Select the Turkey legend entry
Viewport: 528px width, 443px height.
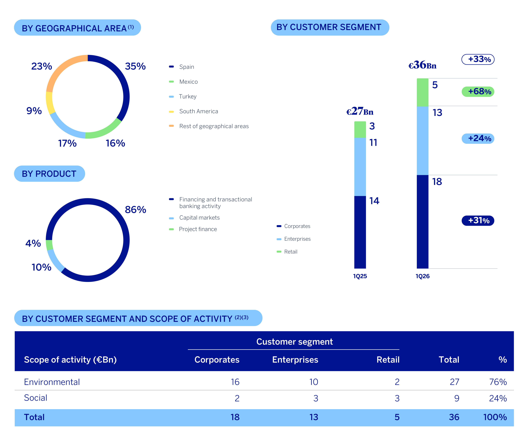click(x=183, y=96)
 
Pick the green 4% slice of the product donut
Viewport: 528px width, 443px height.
click(x=49, y=245)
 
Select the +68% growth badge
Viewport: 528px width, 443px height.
click(x=478, y=91)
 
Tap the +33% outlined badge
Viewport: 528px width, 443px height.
click(x=478, y=59)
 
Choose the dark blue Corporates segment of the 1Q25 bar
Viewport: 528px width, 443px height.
click(x=360, y=232)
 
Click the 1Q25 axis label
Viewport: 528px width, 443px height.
click(x=360, y=276)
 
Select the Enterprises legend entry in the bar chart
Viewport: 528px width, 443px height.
click(x=294, y=239)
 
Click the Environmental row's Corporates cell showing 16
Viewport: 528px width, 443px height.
click(x=235, y=382)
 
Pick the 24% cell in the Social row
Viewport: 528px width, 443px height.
click(x=498, y=398)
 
